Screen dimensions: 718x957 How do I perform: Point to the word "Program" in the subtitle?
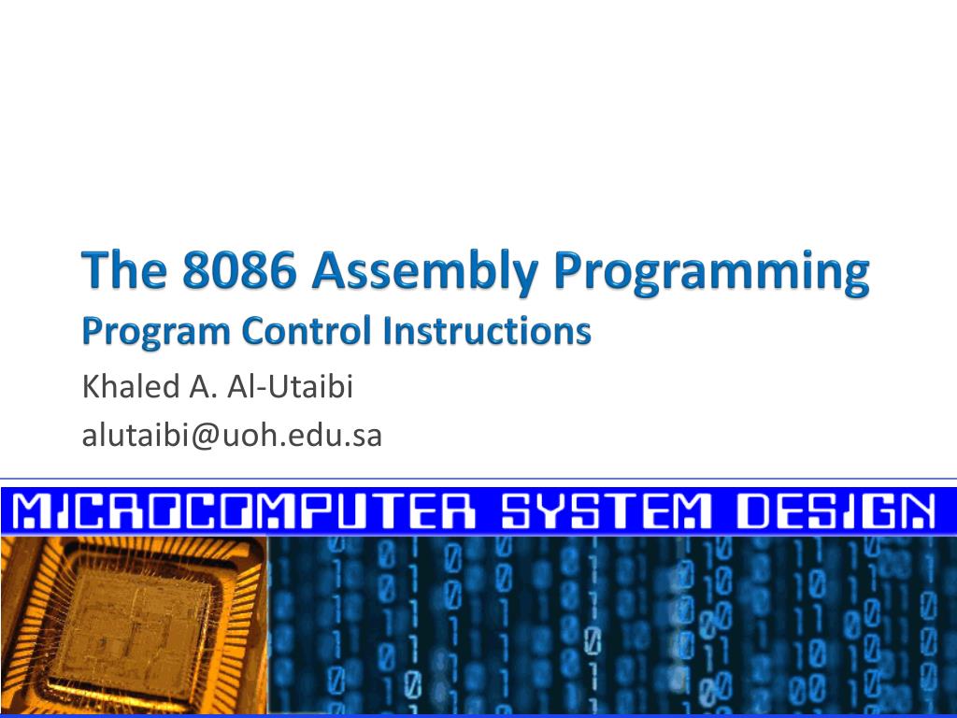pos(156,332)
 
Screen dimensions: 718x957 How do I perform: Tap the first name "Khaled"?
pos(125,386)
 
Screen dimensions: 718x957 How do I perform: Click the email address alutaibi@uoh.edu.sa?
pos(233,436)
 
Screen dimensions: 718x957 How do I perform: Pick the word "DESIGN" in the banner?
pos(835,511)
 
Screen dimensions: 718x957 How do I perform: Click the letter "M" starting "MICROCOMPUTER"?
pos(36,511)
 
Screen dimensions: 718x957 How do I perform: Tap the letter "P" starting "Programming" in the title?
pos(570,272)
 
